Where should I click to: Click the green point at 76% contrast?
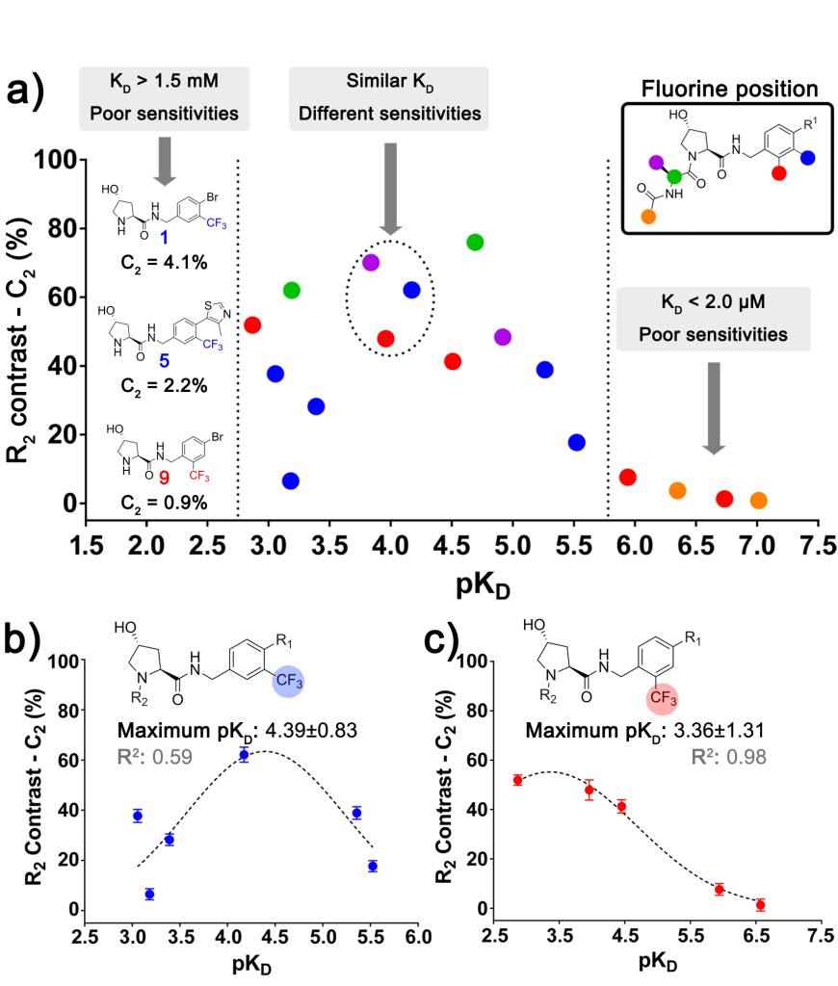(x=474, y=242)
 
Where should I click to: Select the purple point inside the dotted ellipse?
(x=370, y=263)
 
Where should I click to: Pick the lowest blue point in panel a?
(x=291, y=480)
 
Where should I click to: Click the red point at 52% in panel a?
(x=253, y=324)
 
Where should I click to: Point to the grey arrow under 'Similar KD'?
(x=389, y=188)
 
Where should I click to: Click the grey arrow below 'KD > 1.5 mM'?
(x=165, y=160)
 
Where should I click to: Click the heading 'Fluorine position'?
(x=729, y=90)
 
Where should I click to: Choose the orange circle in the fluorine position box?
(x=647, y=217)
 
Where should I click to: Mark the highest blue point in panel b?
(x=244, y=755)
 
